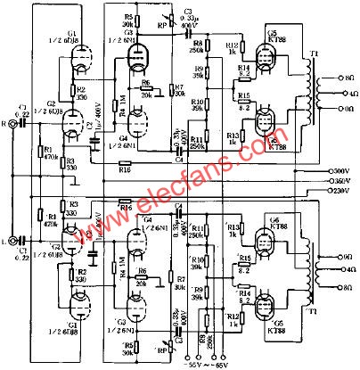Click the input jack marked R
pyautogui.click(x=12, y=126)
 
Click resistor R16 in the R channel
pyautogui.click(x=125, y=166)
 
